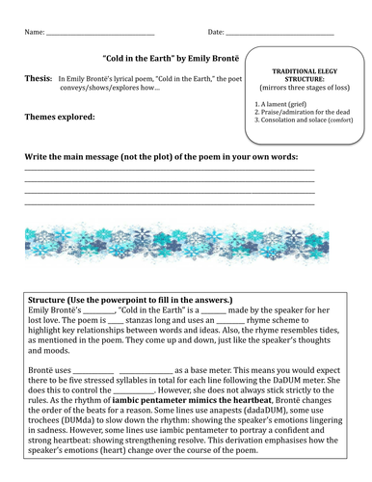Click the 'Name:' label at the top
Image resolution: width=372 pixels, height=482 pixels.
33,32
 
